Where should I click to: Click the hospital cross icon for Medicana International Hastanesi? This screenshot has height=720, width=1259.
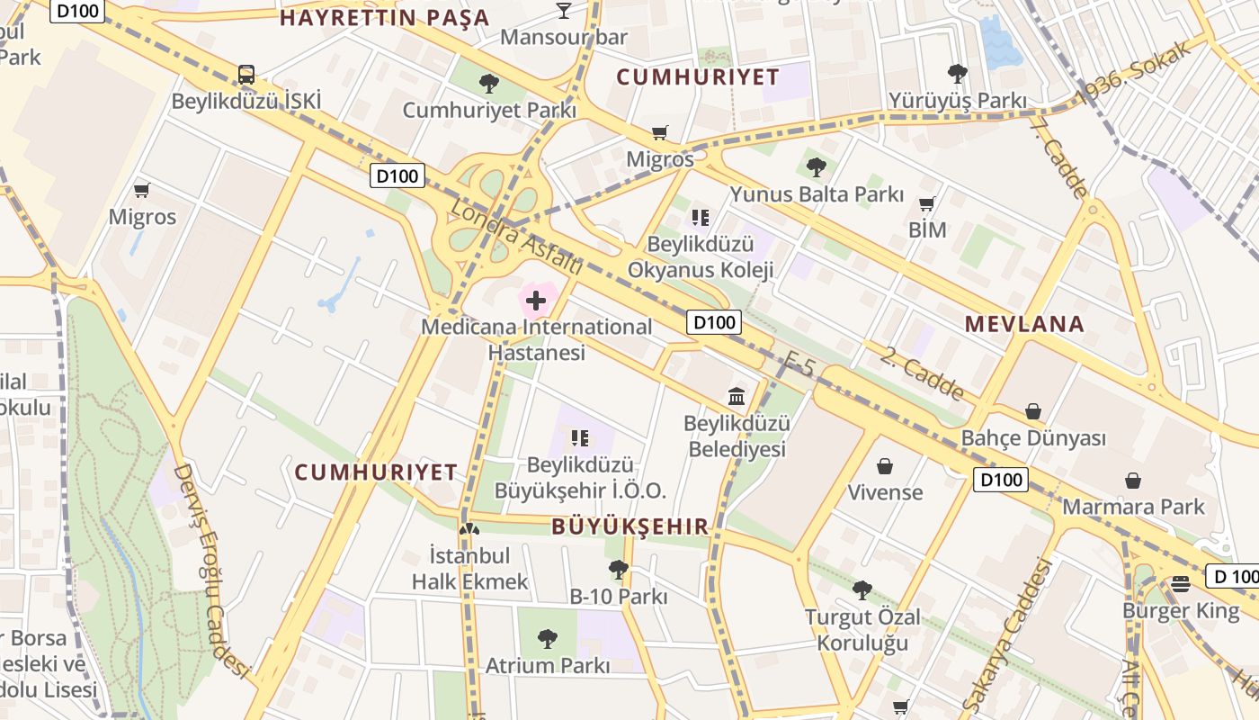click(x=536, y=300)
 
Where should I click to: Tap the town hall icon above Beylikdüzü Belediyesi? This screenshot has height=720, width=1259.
click(x=737, y=395)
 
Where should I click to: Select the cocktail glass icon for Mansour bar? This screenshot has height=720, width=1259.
click(x=564, y=10)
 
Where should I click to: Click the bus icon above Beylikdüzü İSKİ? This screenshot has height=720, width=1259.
click(x=246, y=74)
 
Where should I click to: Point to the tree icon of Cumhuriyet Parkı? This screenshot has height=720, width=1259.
click(x=489, y=84)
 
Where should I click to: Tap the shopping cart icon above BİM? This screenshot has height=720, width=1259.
click(x=927, y=203)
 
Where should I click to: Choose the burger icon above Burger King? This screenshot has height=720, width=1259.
click(x=1181, y=583)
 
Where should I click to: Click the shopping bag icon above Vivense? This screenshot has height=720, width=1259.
click(x=885, y=466)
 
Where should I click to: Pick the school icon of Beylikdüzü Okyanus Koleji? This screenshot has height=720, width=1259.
click(x=701, y=217)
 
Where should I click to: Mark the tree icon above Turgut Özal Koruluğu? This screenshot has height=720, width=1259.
click(x=862, y=590)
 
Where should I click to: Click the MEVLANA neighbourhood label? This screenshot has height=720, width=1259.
click(x=1024, y=324)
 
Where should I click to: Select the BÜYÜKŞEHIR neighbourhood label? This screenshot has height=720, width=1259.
click(x=630, y=526)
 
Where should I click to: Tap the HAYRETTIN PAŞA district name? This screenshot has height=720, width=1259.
click(x=385, y=17)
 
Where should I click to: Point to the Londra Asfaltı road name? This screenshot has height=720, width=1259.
click(x=515, y=237)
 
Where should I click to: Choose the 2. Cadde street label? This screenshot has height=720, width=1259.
click(x=922, y=373)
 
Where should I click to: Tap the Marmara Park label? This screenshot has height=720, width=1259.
click(x=1133, y=507)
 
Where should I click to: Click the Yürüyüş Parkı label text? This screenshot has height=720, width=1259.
click(x=958, y=100)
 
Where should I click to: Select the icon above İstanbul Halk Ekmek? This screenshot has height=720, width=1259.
click(x=469, y=528)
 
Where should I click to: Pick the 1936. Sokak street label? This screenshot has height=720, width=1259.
click(x=1134, y=77)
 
